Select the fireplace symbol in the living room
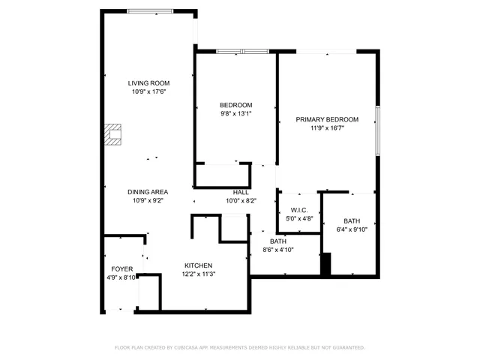(x=112, y=134)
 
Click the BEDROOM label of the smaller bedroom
(x=235, y=105)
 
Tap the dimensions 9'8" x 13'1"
(x=235, y=114)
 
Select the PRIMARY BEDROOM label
(x=327, y=119)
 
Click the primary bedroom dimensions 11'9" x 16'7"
(x=327, y=128)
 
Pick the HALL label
(x=241, y=192)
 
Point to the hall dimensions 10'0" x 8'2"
(x=241, y=201)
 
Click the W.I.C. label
(x=299, y=210)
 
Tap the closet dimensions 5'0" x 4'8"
(x=299, y=219)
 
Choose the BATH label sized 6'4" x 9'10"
(x=351, y=221)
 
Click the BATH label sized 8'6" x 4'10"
(x=277, y=241)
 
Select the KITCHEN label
(x=199, y=265)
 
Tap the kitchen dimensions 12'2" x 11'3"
(x=199, y=274)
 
